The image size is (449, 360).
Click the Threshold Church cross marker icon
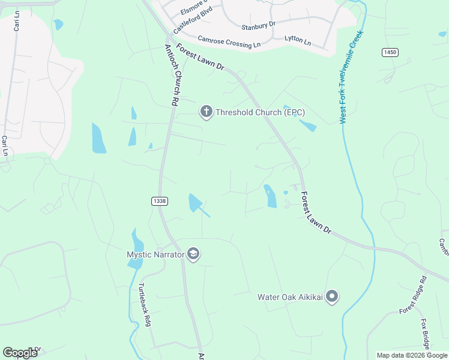click(206, 112)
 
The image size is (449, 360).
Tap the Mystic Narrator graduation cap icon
click(193, 254)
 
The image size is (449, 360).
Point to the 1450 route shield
click(390, 53)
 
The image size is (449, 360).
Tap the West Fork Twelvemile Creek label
click(352, 79)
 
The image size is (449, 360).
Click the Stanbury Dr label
click(258, 25)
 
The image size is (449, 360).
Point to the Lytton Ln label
click(298, 41)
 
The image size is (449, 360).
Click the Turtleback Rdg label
click(145, 304)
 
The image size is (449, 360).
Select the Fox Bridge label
click(427, 334)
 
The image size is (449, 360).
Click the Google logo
click(20, 353)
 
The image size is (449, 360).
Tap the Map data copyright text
click(412, 355)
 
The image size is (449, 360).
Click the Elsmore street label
click(194, 8)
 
